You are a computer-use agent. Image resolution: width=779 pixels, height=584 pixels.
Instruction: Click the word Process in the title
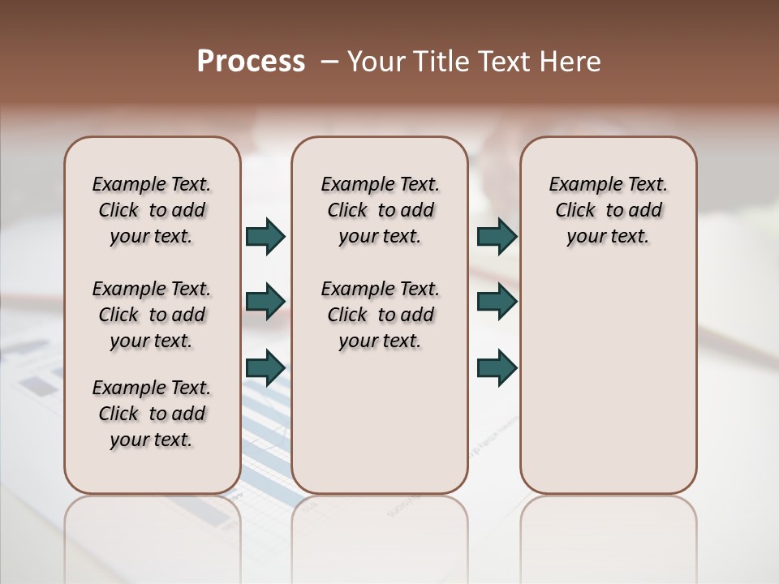(x=250, y=62)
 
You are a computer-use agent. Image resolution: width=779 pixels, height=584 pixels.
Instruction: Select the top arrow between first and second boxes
(x=265, y=237)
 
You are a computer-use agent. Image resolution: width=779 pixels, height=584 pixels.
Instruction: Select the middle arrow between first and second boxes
(x=265, y=302)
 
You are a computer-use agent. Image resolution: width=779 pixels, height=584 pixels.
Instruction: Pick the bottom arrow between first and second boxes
(x=265, y=367)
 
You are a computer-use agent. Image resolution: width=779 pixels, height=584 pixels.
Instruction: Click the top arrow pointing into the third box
(x=497, y=237)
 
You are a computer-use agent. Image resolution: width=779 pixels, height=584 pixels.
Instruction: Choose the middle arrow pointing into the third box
(x=497, y=302)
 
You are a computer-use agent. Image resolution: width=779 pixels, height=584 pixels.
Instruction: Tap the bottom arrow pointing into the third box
(x=497, y=367)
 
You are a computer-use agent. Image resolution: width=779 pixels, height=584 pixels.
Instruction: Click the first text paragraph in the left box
(x=152, y=210)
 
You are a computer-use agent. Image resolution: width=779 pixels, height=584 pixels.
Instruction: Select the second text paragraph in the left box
(x=152, y=315)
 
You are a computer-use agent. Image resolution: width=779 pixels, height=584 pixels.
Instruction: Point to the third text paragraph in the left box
(x=152, y=414)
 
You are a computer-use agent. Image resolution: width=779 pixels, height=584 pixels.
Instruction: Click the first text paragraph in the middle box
(x=380, y=210)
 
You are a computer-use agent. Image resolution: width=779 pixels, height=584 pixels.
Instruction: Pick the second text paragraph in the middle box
(x=380, y=315)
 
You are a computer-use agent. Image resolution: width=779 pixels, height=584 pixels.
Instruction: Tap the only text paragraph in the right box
(x=608, y=210)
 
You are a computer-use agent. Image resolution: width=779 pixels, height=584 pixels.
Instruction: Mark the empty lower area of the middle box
(x=380, y=422)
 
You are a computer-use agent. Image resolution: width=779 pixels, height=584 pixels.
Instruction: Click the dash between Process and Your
(x=329, y=62)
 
